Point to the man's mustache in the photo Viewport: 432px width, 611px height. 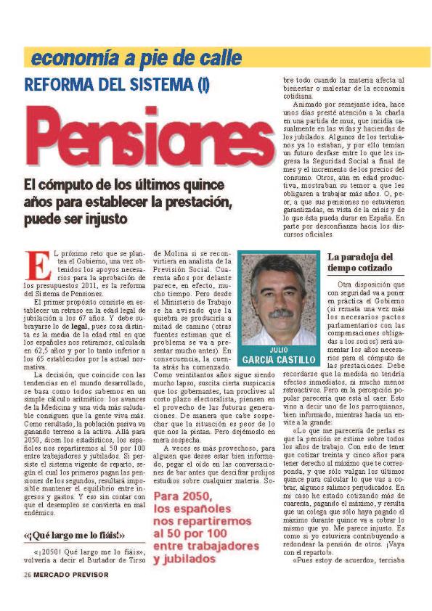pos(280,313)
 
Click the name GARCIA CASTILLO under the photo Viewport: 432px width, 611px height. pos(280,360)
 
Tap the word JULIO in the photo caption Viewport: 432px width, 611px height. pos(279,350)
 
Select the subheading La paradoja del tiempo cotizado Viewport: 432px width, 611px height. pos(359,262)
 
